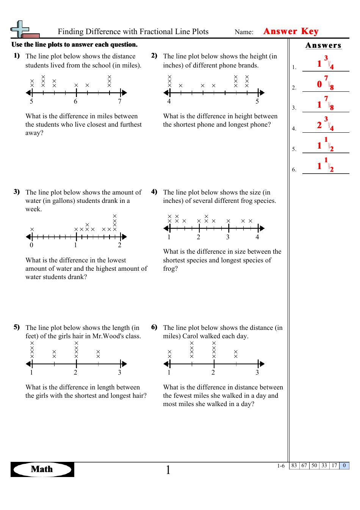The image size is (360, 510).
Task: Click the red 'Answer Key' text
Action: coord(291,31)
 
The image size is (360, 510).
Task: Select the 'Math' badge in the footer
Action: coord(42,469)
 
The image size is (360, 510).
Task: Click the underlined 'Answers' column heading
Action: coord(323,46)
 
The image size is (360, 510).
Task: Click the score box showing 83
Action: coord(294,466)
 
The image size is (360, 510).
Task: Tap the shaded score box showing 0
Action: coord(344,466)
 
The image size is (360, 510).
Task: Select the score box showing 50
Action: coord(314,466)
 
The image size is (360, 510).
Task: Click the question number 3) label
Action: coord(17,192)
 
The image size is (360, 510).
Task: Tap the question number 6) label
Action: coord(154,327)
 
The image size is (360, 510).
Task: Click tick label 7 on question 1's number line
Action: coord(120,102)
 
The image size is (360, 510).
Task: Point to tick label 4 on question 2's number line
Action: coord(169,102)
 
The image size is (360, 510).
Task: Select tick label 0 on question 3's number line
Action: coord(31,245)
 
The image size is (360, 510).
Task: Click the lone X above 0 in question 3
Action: coord(32,229)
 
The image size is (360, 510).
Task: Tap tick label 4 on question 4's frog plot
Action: coord(257,237)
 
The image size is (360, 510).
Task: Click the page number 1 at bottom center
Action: coord(168,470)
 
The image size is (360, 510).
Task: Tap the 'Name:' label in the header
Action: coord(244,32)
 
